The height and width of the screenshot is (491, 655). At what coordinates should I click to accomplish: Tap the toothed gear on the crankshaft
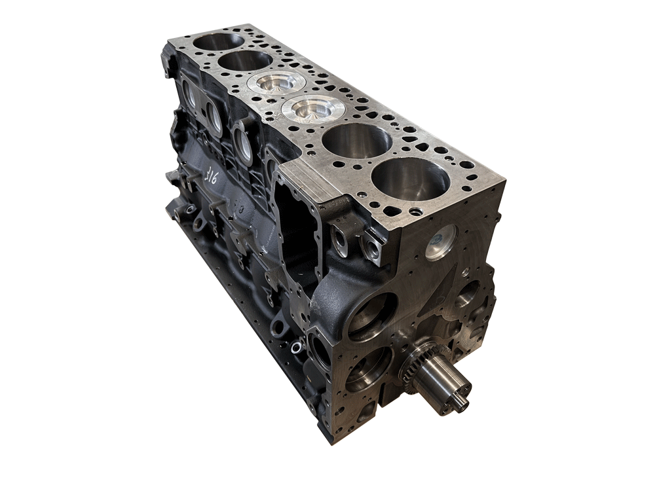click(415, 364)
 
